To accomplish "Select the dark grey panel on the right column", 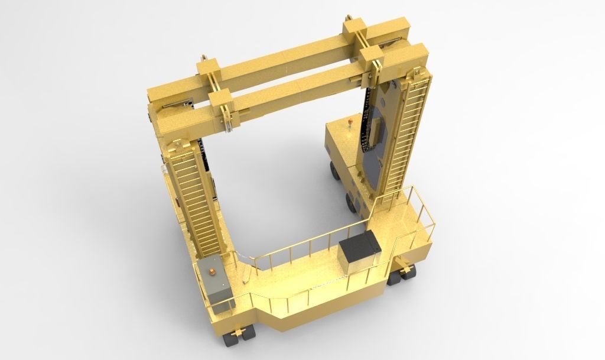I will (x=378, y=148).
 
